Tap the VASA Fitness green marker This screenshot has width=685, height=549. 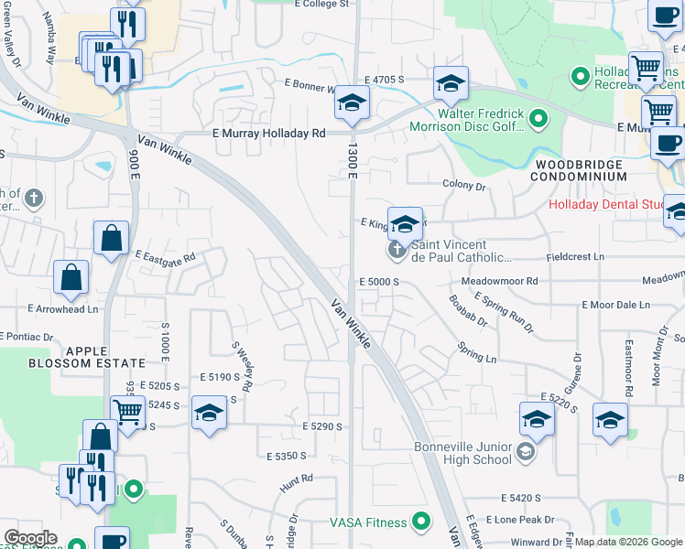(421, 522)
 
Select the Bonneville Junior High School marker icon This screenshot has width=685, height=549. (526, 451)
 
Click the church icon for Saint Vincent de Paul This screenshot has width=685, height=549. (397, 249)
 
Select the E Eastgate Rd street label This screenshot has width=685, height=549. (166, 257)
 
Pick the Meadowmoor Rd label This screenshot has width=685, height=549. (499, 281)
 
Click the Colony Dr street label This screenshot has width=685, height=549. (463, 186)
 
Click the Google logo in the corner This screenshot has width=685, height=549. (30, 537)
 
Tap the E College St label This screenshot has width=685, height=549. (322, 5)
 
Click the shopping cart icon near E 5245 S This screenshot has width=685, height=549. (127, 412)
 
